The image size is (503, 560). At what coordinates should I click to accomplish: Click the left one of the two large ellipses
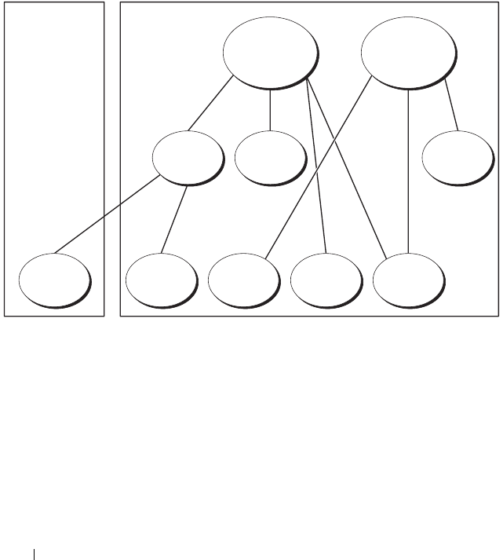pos(270,52)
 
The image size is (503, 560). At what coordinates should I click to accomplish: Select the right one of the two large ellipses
pos(408,52)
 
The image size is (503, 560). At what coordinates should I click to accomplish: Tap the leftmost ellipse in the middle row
pos(187,158)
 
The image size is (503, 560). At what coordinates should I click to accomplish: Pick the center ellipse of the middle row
pos(269,157)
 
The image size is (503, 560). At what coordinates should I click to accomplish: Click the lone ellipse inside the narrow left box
pos(53,280)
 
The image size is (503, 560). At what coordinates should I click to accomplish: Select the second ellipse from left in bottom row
pos(161,280)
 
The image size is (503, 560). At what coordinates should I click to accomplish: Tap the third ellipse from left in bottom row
pos(244,280)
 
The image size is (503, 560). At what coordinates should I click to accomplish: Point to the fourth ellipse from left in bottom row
pos(326,280)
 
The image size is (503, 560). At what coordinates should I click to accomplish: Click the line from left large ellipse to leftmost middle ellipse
pos(210,104)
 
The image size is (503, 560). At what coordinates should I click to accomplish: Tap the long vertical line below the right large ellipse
pos(408,173)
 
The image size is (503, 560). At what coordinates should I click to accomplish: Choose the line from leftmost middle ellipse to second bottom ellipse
pos(174,220)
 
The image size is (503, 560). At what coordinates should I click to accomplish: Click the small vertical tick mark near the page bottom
pos(35,554)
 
